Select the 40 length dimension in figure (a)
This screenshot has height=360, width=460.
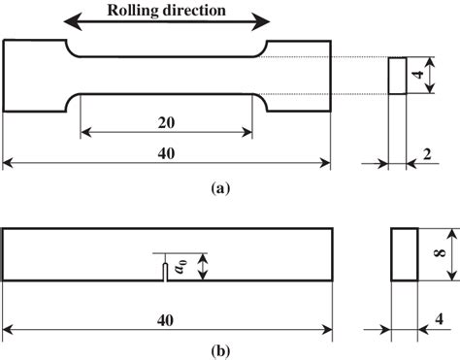(x=167, y=154)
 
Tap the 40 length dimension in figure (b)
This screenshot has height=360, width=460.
(x=167, y=317)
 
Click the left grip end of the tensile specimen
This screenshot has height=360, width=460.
(x=34, y=76)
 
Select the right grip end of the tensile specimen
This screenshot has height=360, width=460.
(x=299, y=76)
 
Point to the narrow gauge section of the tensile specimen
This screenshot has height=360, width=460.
(x=167, y=76)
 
